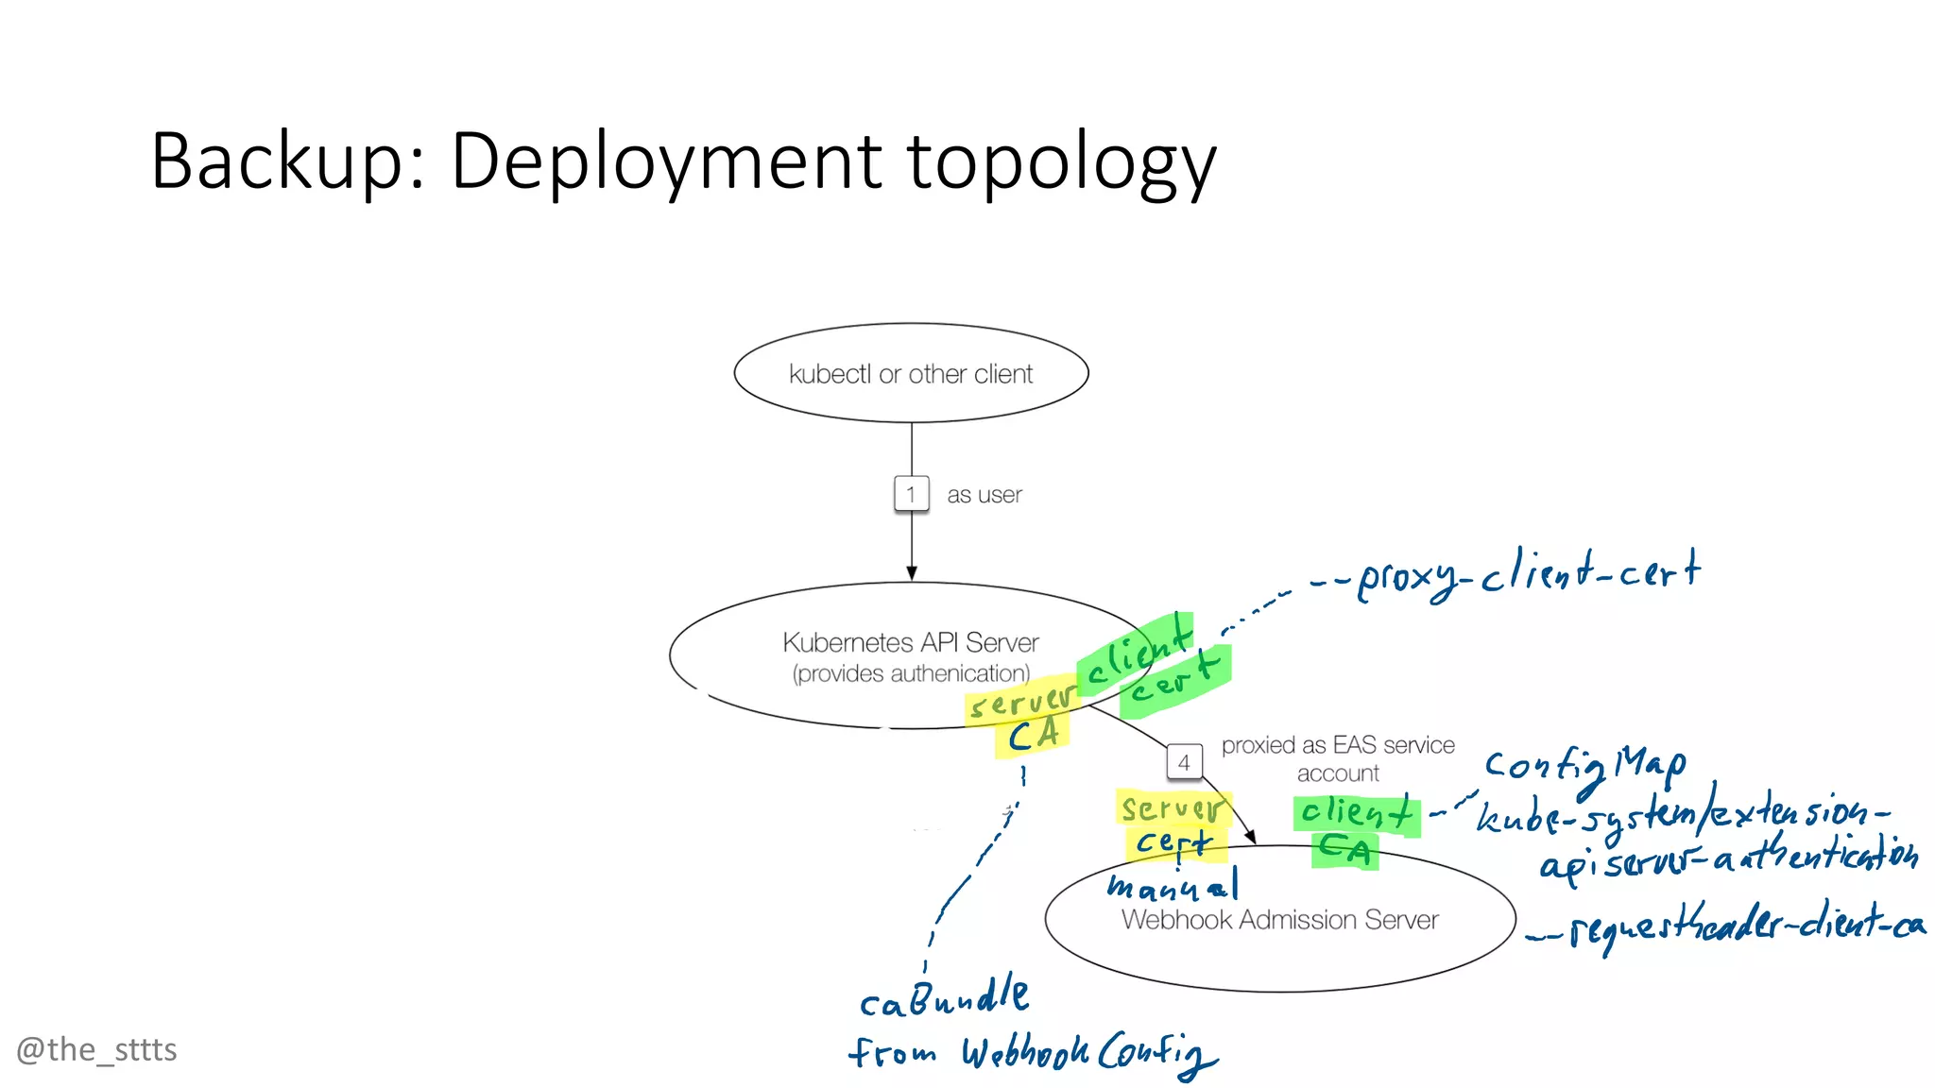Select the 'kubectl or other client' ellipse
(x=911, y=374)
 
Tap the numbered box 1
(x=911, y=494)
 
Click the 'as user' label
(x=984, y=495)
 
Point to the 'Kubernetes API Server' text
(x=910, y=642)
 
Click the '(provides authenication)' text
(x=910, y=673)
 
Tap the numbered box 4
(x=1184, y=762)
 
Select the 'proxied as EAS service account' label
(x=1337, y=758)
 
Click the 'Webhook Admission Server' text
(x=1279, y=920)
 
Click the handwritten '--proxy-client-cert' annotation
(x=1512, y=573)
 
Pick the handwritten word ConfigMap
(x=1584, y=765)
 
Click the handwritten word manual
(x=1172, y=886)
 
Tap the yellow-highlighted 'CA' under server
(x=1032, y=736)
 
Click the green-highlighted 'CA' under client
(x=1344, y=850)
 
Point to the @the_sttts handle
(x=96, y=1049)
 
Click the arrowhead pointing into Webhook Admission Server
(x=1250, y=837)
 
